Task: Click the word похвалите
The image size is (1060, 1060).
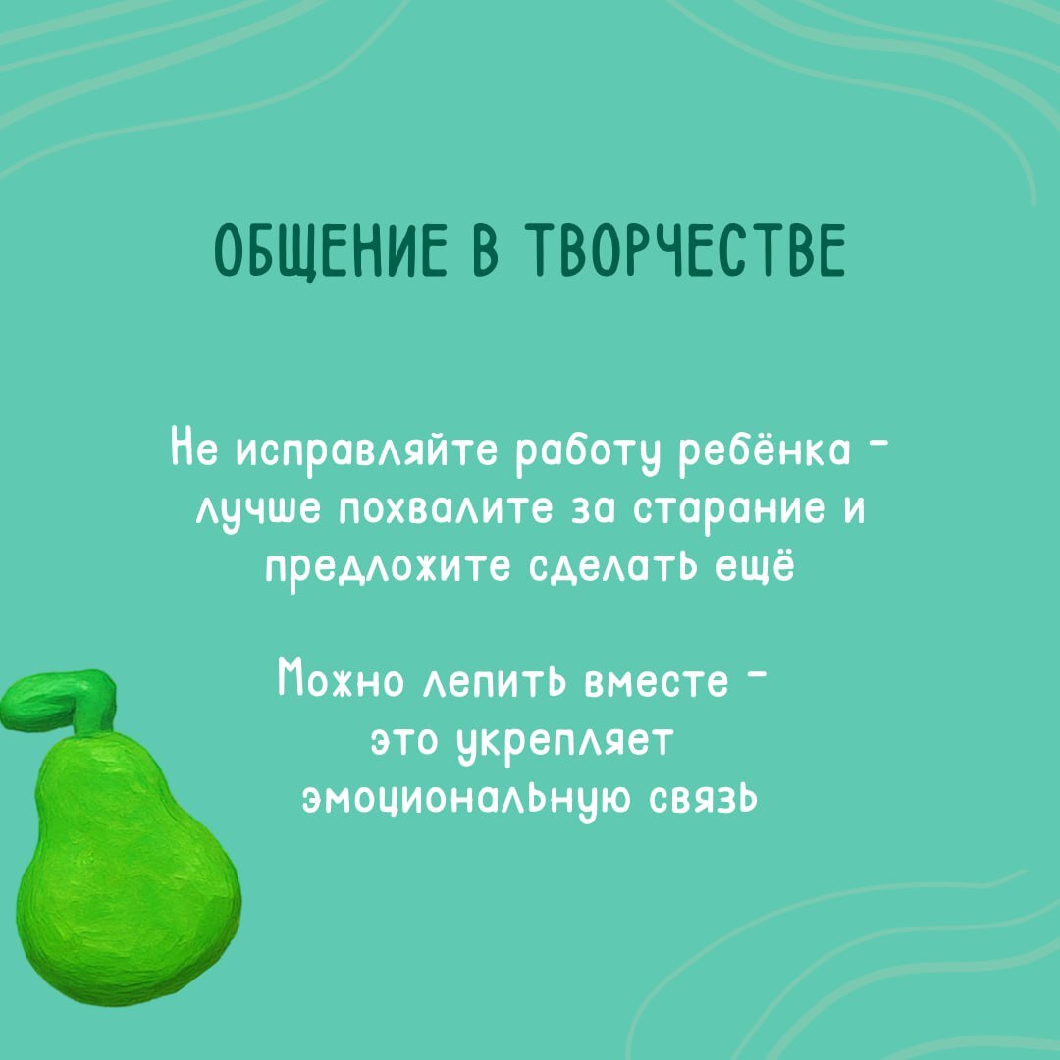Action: (447, 511)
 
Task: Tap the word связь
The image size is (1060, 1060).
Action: (703, 798)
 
